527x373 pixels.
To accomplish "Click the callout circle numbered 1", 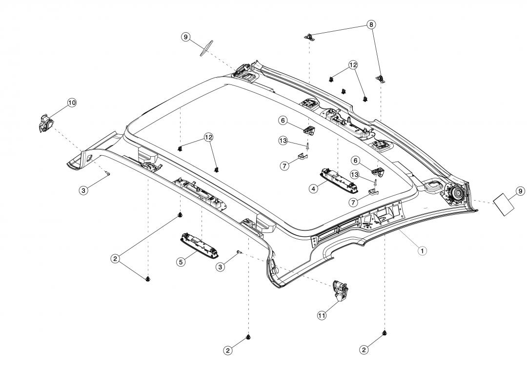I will (x=423, y=250).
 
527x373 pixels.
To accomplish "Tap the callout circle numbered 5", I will (x=181, y=262).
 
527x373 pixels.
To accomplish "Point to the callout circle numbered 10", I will (x=72, y=103).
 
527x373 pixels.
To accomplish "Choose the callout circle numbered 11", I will (x=322, y=315).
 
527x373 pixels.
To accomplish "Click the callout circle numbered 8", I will (x=372, y=24).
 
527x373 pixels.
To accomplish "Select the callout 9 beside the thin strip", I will (x=186, y=37).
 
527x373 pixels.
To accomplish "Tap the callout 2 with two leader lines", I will (x=115, y=259).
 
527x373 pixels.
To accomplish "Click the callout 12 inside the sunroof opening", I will (x=208, y=138).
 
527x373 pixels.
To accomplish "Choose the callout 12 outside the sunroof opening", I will (x=352, y=65).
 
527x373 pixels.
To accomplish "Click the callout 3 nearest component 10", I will (x=84, y=190).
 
